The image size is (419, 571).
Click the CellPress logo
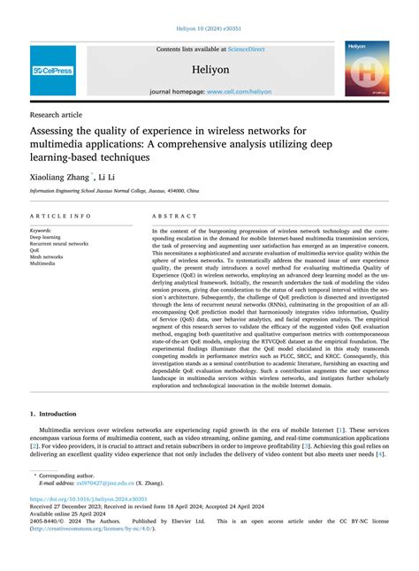coord(53,70)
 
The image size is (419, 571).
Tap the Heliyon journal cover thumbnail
coord(367,68)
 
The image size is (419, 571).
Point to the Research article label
coord(56,114)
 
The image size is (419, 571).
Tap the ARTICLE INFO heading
coord(59,216)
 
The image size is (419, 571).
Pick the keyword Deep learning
coord(46,237)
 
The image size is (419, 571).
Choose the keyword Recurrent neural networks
coord(59,244)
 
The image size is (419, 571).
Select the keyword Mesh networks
coord(46,257)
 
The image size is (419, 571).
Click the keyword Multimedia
coord(42,263)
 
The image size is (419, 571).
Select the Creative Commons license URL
coord(96,529)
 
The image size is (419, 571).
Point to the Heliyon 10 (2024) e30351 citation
coord(209,27)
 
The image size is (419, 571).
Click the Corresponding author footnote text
coord(66,475)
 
